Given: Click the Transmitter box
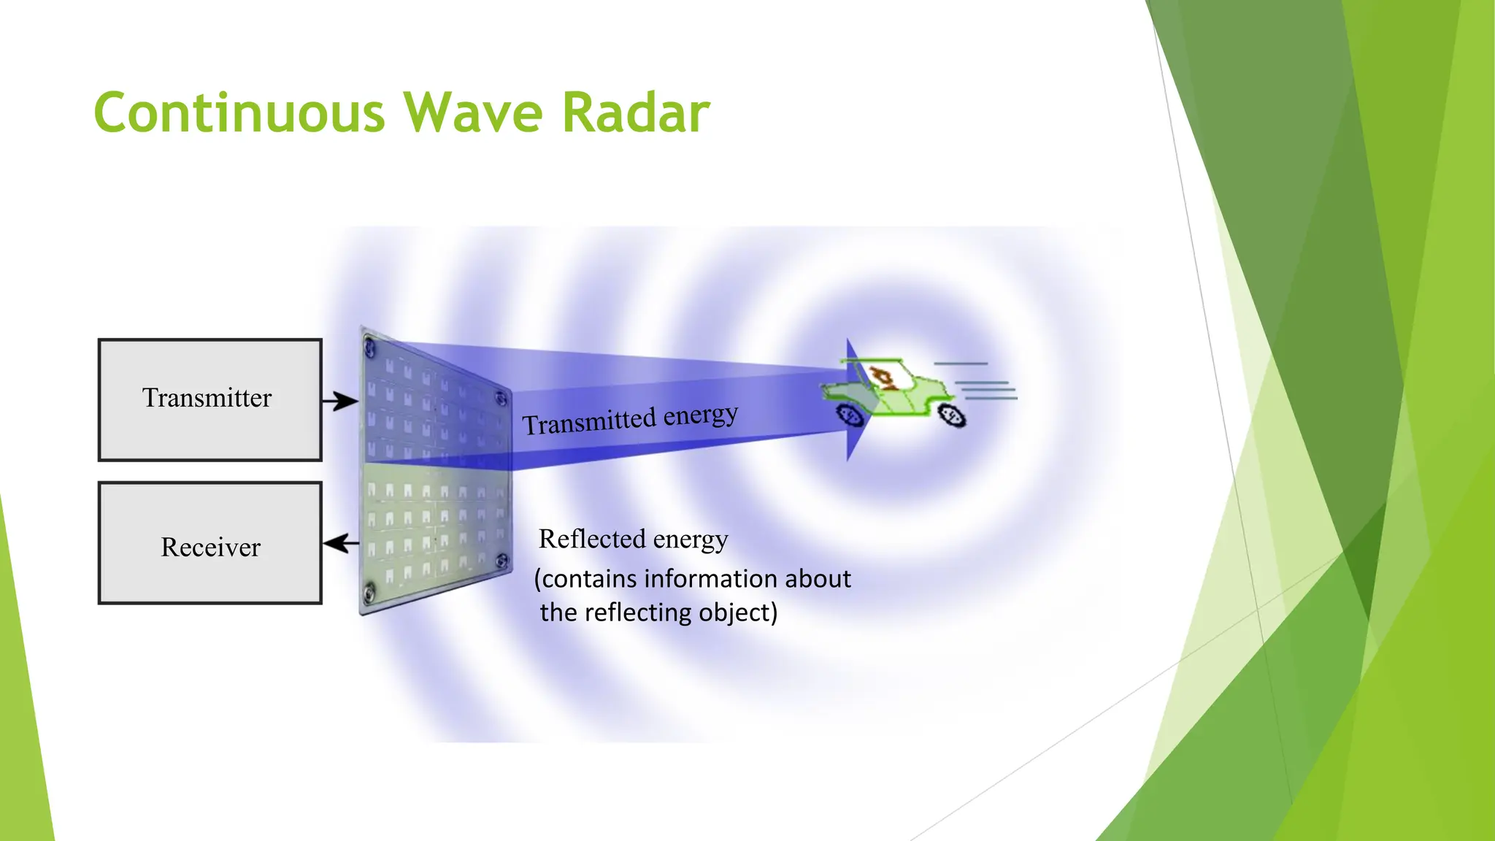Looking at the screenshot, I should click(x=210, y=399).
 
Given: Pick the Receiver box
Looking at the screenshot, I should click(x=210, y=543).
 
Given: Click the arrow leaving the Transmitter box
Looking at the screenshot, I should click(x=340, y=401).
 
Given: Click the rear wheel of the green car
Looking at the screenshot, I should click(x=952, y=416).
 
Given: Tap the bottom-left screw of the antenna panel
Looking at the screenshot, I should click(x=369, y=590).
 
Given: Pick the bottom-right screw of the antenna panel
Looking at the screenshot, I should click(x=501, y=561).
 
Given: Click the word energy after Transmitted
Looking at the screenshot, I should click(x=701, y=415).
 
